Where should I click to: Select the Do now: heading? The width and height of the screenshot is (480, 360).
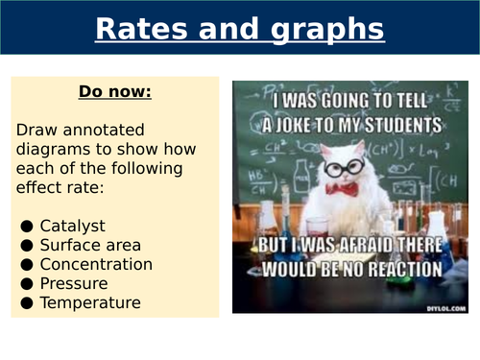pos(115,94)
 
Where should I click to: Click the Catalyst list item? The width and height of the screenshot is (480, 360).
pos(73,226)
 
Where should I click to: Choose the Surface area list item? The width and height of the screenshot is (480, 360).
pos(89,245)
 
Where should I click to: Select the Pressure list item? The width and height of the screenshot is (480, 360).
pos(74,283)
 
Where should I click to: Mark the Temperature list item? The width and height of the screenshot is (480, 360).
pos(89,302)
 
